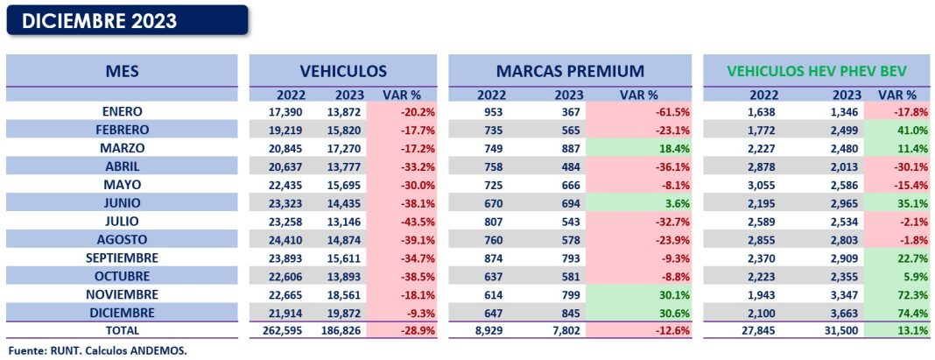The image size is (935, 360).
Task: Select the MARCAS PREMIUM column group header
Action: (x=570, y=71)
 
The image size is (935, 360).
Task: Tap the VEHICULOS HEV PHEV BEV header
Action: (x=819, y=71)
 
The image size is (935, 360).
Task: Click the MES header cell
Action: (x=122, y=71)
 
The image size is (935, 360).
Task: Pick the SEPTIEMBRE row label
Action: (x=122, y=258)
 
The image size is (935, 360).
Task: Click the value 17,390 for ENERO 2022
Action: (x=291, y=112)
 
